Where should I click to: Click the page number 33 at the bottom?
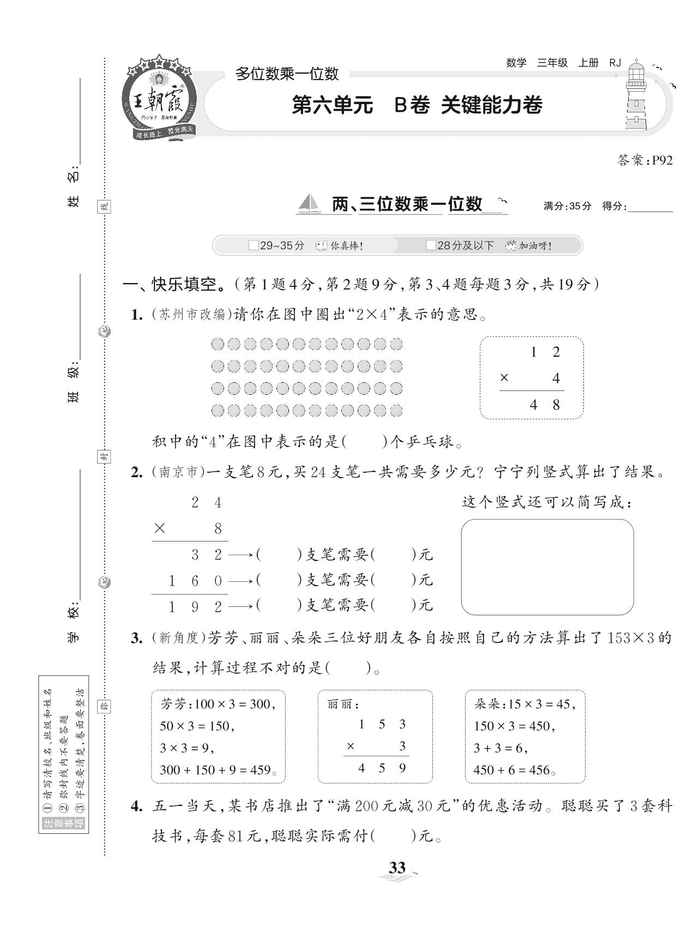click(397, 867)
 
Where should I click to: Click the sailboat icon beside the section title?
click(309, 204)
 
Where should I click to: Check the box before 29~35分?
click(253, 245)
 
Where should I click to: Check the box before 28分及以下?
click(431, 245)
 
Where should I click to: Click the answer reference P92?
click(662, 160)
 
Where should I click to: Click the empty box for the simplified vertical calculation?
click(547, 567)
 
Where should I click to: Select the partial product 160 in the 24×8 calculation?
click(195, 581)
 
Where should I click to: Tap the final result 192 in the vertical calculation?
click(195, 606)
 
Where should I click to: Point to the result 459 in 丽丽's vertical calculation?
click(382, 768)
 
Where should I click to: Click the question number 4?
click(136, 806)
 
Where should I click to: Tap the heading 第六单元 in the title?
click(333, 105)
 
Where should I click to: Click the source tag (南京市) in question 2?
click(177, 472)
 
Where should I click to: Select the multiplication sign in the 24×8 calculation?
click(159, 528)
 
